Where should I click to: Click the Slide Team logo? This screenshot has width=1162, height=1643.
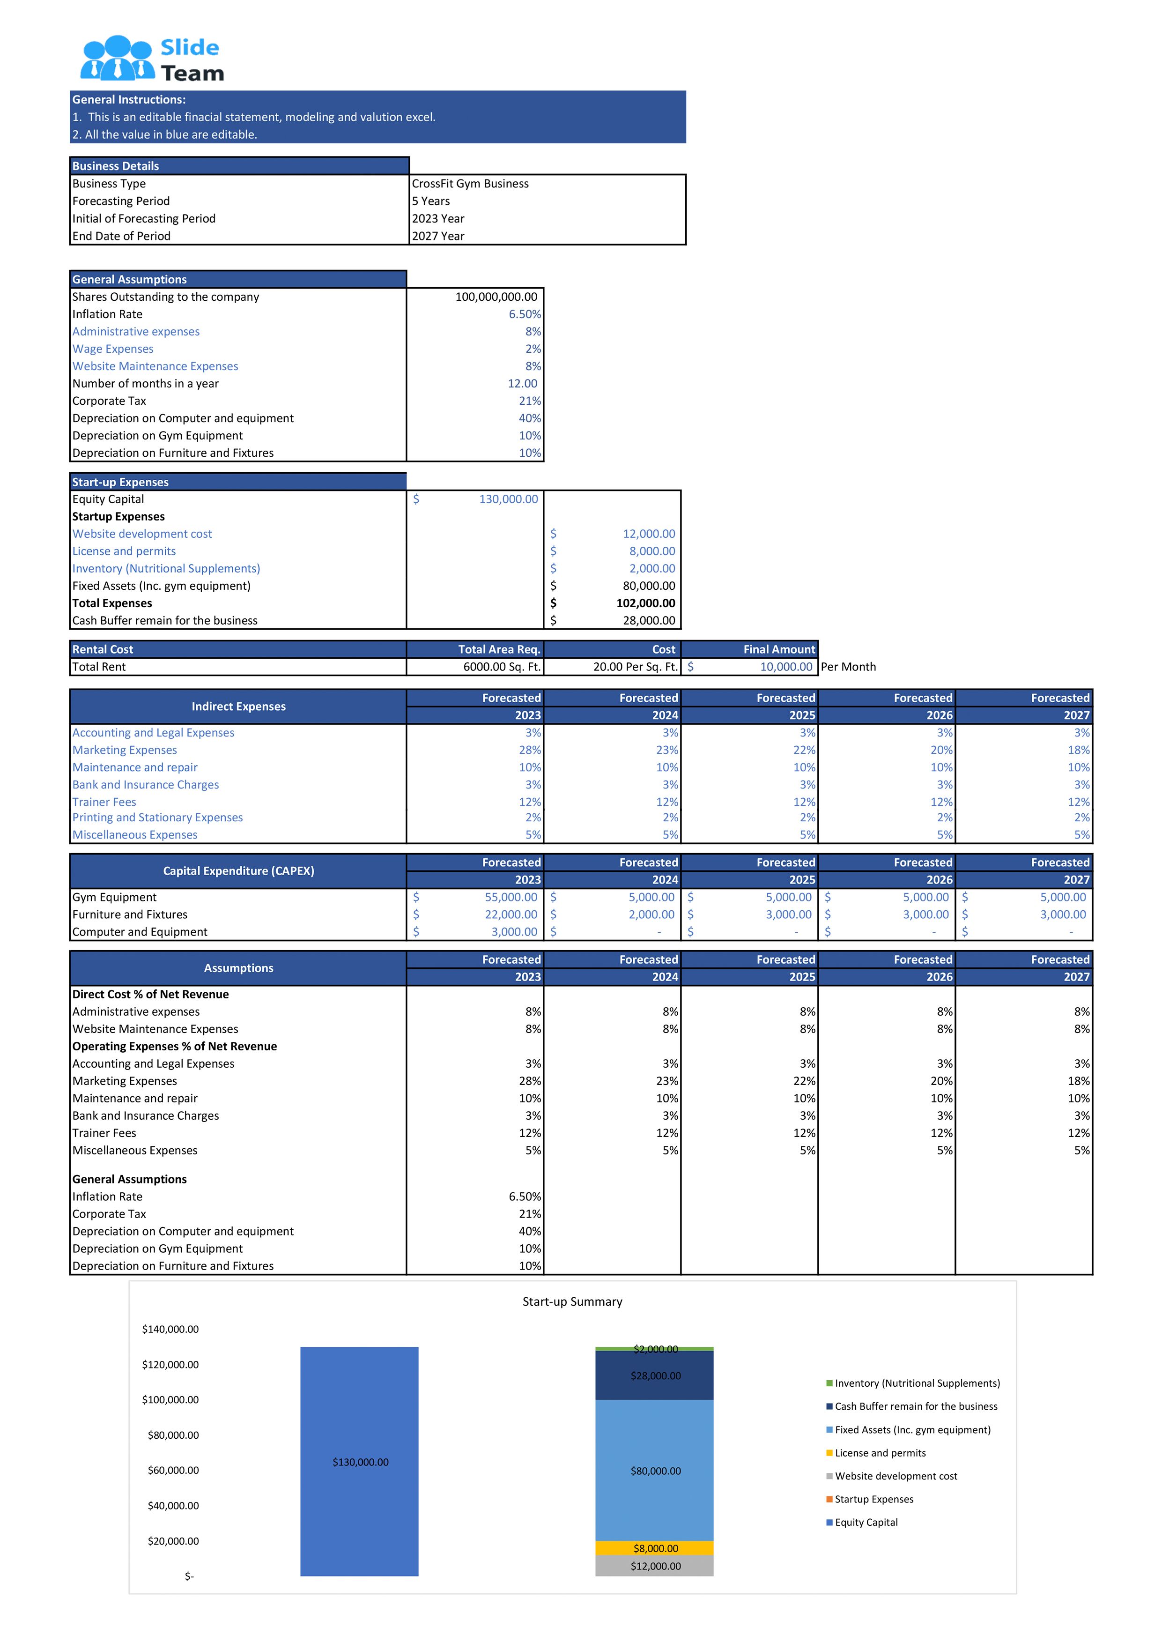(152, 59)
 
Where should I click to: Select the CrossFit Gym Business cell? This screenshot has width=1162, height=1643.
(470, 184)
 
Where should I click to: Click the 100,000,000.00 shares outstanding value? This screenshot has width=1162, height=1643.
(496, 297)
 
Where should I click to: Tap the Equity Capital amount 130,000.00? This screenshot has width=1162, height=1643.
(508, 499)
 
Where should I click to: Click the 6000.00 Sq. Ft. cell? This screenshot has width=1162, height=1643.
(501, 667)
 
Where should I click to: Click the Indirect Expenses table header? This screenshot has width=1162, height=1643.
(238, 706)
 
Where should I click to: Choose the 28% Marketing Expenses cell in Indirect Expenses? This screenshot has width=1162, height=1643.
(530, 750)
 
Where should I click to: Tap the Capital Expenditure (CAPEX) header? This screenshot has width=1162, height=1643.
(238, 871)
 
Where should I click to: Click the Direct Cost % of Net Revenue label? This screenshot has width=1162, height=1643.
(150, 995)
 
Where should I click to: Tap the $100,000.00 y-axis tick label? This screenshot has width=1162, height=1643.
(170, 1400)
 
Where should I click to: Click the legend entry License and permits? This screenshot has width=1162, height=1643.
(880, 1453)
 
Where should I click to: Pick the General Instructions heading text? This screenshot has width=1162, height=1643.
(129, 100)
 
